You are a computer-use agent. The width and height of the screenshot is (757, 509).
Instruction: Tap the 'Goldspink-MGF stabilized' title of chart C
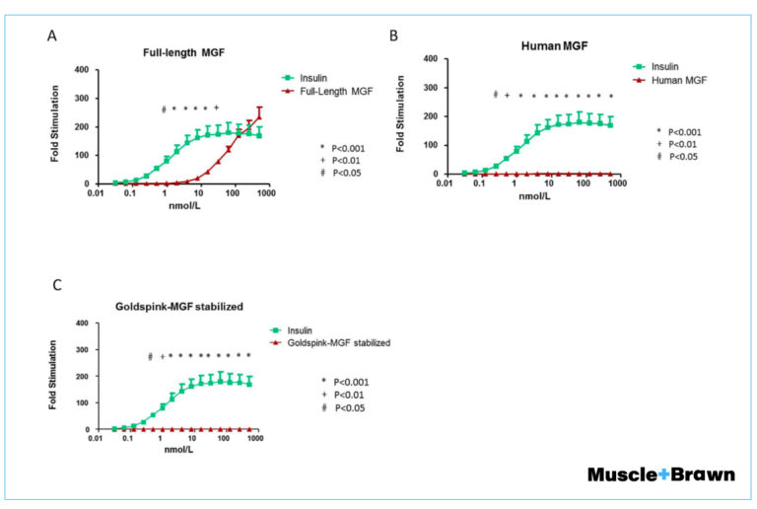(175, 306)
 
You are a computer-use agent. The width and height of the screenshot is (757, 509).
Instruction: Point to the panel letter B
(393, 36)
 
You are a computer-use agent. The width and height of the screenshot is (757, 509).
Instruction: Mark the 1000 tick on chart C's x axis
(255, 438)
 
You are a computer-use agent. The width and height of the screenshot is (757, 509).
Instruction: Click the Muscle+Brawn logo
(660, 474)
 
